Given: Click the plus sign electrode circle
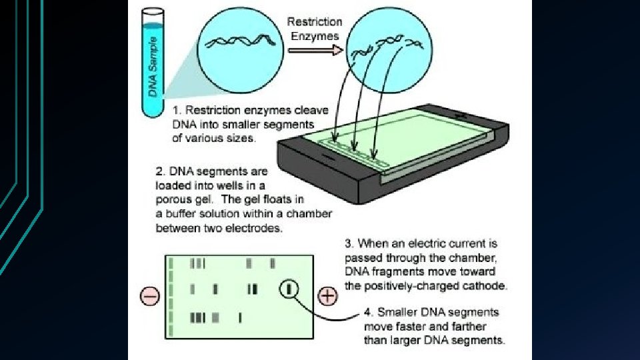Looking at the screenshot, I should click(x=327, y=295).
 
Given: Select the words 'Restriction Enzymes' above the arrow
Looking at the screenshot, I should click(x=315, y=29).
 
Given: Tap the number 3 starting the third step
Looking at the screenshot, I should click(x=349, y=244).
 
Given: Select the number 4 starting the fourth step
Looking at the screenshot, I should click(x=367, y=311).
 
